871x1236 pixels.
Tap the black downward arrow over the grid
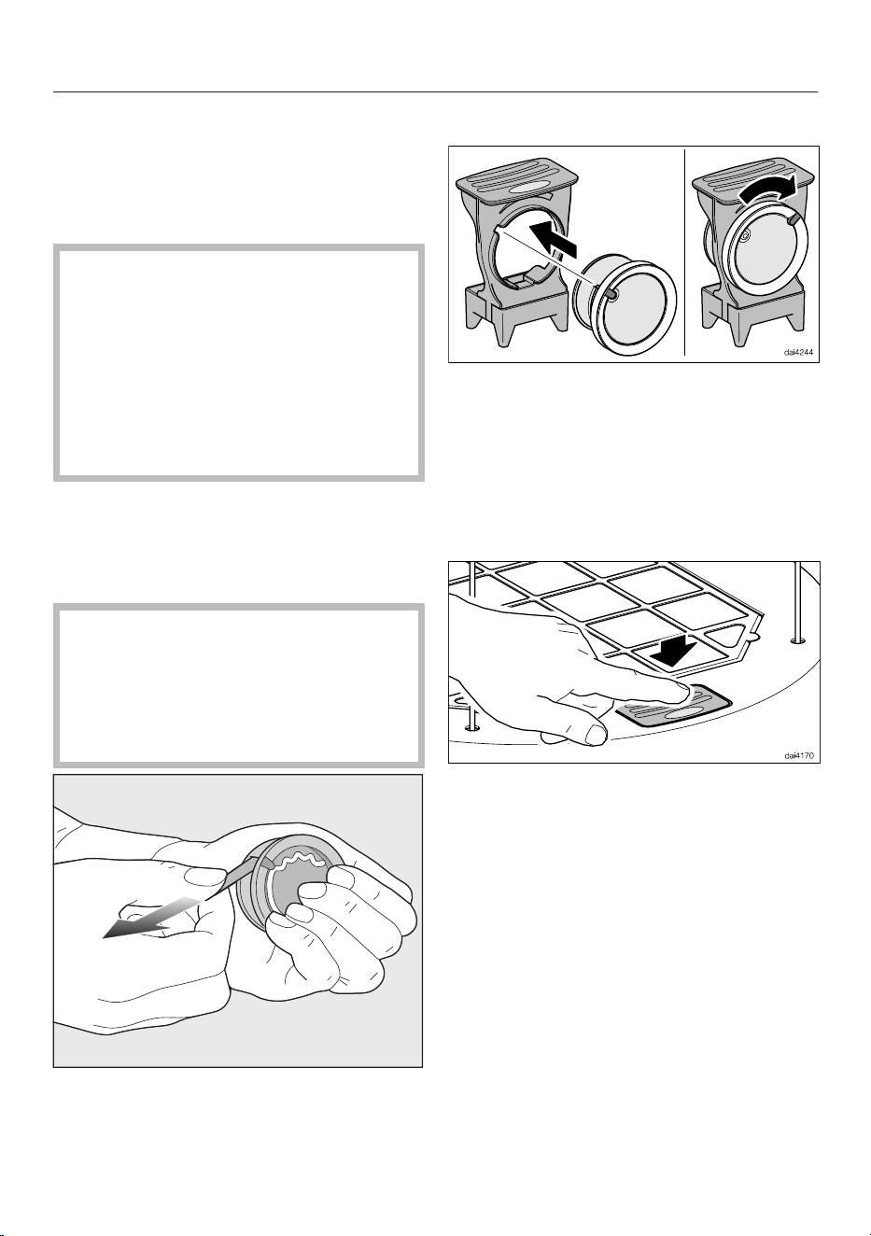(x=674, y=650)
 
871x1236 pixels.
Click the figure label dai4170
(x=798, y=755)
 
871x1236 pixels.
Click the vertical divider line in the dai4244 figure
(x=684, y=252)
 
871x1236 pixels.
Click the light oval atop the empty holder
(x=529, y=189)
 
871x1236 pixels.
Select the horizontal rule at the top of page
(x=435, y=92)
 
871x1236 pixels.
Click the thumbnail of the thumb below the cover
(x=596, y=734)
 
